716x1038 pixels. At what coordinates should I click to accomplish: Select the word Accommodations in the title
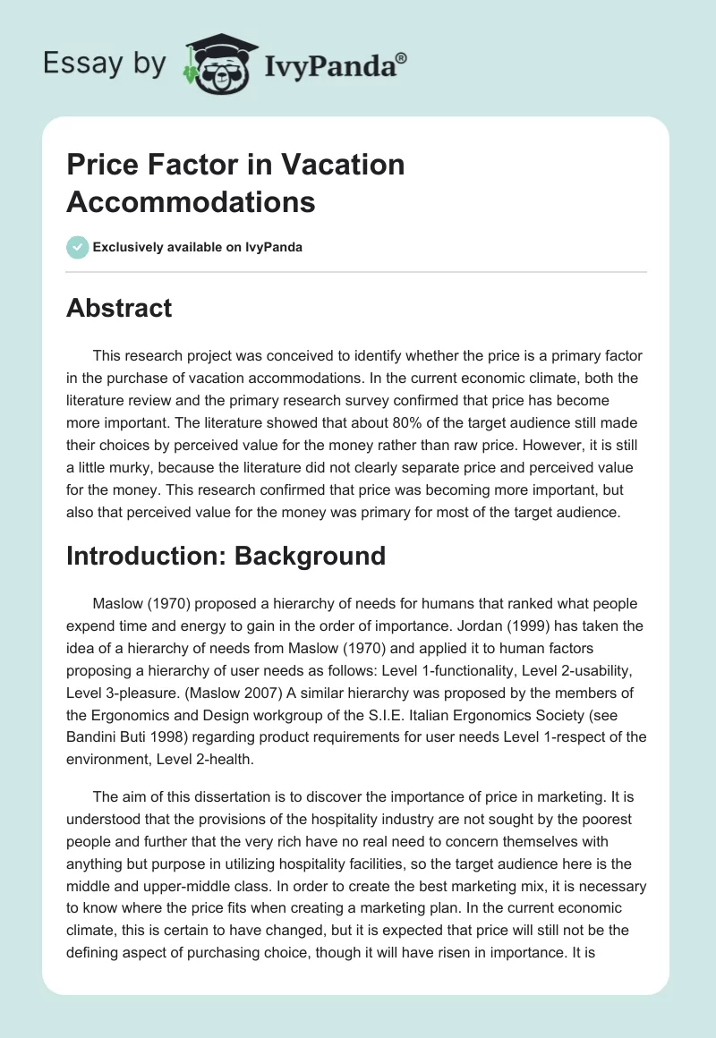(x=191, y=201)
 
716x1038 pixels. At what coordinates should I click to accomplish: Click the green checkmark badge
(x=78, y=247)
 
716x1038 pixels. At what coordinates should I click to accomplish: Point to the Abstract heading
(x=119, y=308)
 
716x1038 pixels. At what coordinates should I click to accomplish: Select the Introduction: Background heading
(x=226, y=555)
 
